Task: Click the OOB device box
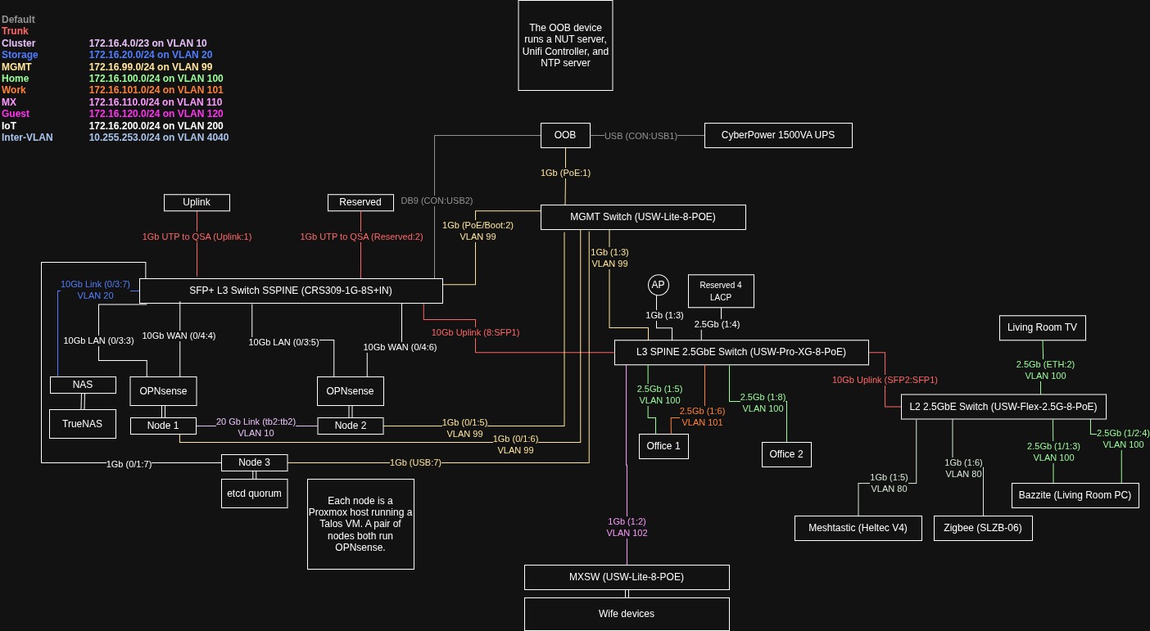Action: (565, 135)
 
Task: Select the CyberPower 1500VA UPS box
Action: (778, 135)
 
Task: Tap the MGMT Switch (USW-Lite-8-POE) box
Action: (643, 218)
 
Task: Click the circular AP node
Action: (659, 286)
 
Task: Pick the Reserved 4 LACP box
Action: (721, 291)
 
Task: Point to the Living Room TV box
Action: (1042, 328)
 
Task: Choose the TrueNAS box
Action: (83, 424)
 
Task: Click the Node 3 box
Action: (254, 462)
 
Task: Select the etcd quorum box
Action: (254, 494)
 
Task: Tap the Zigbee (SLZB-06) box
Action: (983, 529)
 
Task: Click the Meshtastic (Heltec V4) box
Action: (858, 529)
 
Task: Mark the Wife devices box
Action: (627, 614)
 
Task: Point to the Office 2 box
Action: (786, 454)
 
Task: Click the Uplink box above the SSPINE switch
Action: (197, 203)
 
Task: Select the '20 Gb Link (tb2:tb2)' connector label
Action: (256, 421)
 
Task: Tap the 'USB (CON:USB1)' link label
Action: (641, 136)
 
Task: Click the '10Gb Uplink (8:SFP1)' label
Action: (475, 332)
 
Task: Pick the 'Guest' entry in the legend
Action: (16, 114)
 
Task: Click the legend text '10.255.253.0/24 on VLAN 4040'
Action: (159, 137)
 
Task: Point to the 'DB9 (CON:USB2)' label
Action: (437, 201)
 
